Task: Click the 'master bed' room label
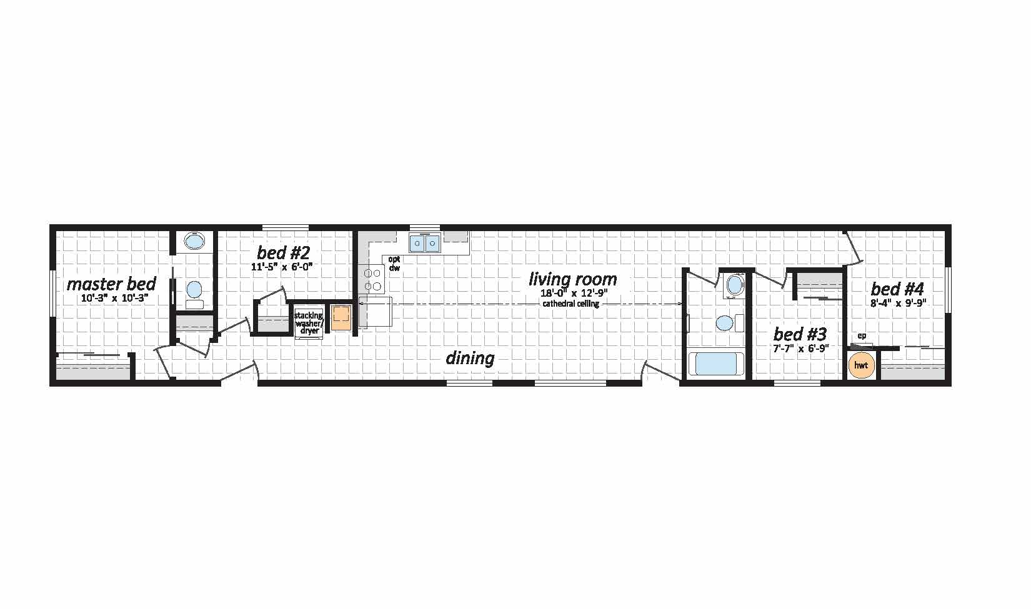point(111,285)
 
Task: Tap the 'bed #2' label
point(284,252)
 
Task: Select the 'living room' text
point(572,279)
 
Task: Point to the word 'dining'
point(470,359)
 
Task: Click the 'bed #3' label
point(800,334)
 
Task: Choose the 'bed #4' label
point(897,289)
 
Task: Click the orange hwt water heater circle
point(861,365)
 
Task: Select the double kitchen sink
point(424,242)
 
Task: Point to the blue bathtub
point(715,364)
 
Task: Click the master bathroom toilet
point(194,294)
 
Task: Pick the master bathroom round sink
point(194,240)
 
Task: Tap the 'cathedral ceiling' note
point(570,304)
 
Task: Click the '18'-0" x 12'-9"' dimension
point(574,292)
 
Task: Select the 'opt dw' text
point(394,264)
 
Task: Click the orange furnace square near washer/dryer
point(341,317)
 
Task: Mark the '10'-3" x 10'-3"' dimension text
point(114,298)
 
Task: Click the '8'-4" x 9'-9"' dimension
point(898,303)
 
